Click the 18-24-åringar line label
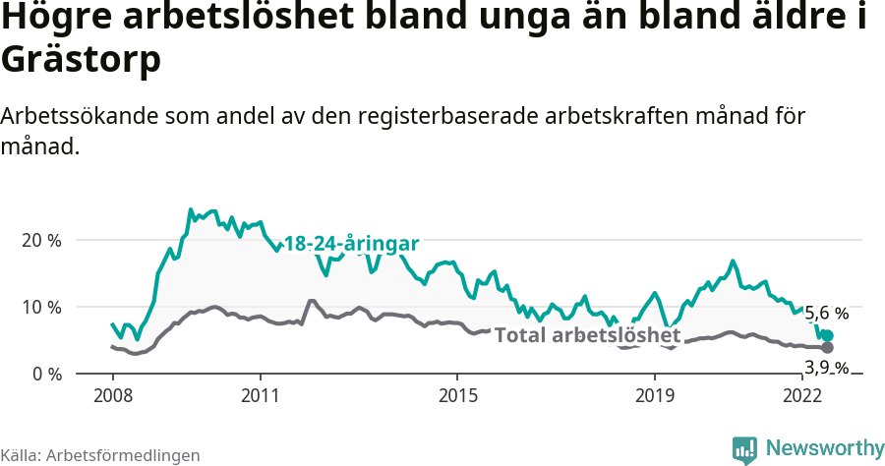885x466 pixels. [x=351, y=244]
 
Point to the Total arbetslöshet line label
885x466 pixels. [x=587, y=335]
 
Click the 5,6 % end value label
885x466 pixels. [x=826, y=314]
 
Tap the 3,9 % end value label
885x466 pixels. [x=826, y=368]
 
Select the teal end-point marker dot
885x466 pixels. [x=827, y=336]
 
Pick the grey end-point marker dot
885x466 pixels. [x=827, y=348]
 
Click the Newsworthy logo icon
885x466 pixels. [x=744, y=448]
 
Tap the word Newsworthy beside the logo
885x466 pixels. [x=825, y=448]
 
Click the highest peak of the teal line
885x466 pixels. [x=191, y=209]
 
